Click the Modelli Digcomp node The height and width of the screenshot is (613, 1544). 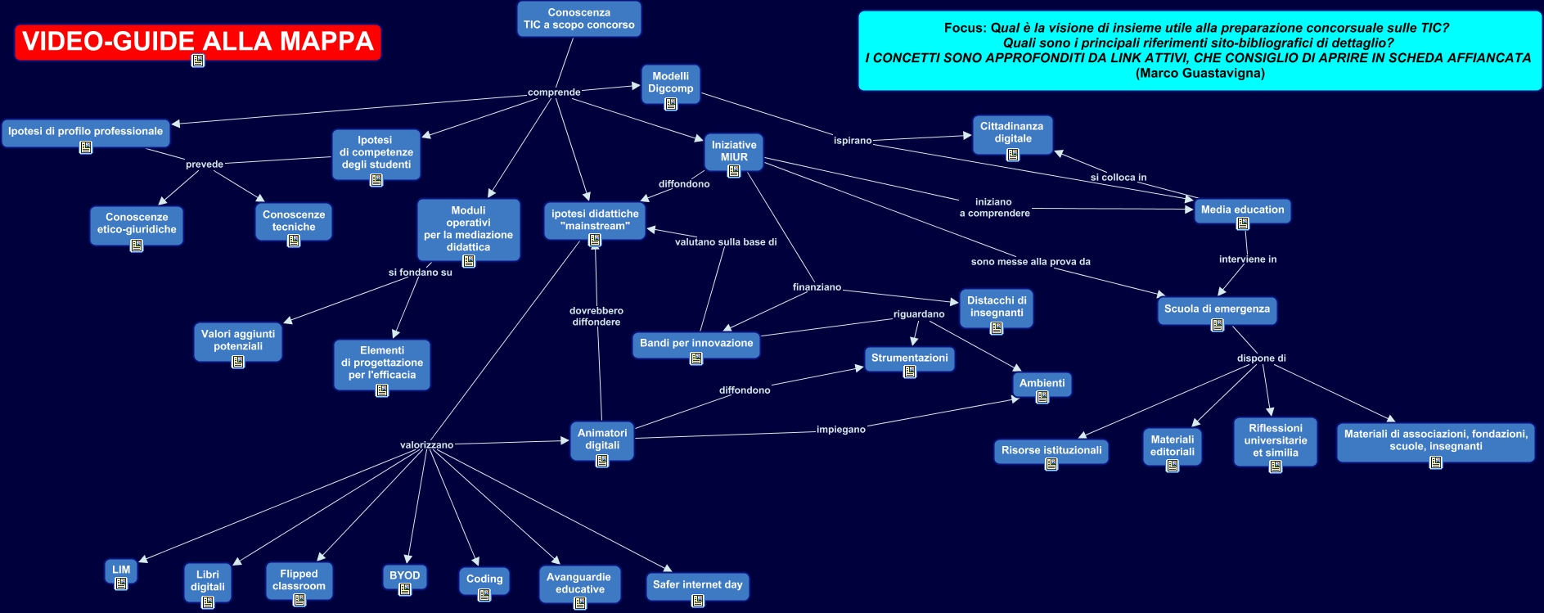point(670,83)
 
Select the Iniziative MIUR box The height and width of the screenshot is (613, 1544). point(734,151)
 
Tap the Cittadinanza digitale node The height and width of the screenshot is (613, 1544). point(1012,133)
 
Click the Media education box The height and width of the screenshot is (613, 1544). point(1242,210)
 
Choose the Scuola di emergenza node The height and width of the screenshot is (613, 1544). point(1217,309)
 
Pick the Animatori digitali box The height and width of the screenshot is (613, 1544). point(602,440)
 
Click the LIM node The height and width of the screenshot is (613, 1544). point(121,570)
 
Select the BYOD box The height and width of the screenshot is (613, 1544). point(405,576)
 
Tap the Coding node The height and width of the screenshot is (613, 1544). point(484,579)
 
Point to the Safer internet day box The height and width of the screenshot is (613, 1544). point(697,585)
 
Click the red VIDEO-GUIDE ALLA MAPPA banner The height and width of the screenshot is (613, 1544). point(198,41)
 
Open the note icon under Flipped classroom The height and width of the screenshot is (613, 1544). point(299,600)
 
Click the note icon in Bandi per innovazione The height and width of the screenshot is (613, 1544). point(696,358)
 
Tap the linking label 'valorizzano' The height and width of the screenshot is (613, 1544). point(426,445)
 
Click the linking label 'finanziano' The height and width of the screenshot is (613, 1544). point(817,287)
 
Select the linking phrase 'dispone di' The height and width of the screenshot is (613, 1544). point(1261,358)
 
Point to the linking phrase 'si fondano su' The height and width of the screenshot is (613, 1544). point(420,273)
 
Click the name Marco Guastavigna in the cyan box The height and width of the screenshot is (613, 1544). point(1200,74)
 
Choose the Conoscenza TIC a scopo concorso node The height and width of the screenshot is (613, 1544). point(578,19)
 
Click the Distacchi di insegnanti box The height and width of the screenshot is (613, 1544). point(997,308)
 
